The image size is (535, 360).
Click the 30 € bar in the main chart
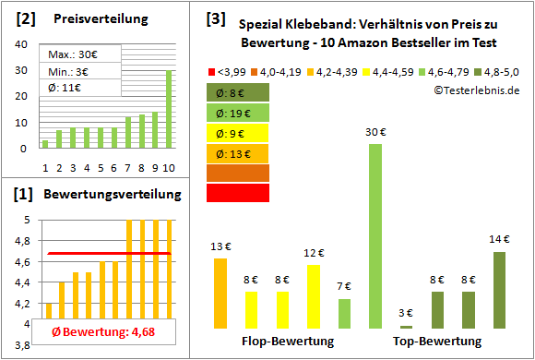coord(375,235)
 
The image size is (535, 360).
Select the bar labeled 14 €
coord(499,290)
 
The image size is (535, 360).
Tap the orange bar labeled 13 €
coord(220,293)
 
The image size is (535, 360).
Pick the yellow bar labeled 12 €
coord(314,296)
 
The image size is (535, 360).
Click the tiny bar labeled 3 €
coord(406,327)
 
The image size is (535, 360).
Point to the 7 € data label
coord(344,286)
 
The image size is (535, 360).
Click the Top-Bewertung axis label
coord(437,342)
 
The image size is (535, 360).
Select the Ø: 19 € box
coord(238,112)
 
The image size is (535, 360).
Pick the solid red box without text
coord(238,192)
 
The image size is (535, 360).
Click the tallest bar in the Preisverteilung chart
coord(169,109)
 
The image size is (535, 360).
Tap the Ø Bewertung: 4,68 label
coord(97,332)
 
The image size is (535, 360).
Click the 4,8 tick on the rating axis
coord(20,241)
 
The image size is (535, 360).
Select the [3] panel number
coord(214,18)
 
